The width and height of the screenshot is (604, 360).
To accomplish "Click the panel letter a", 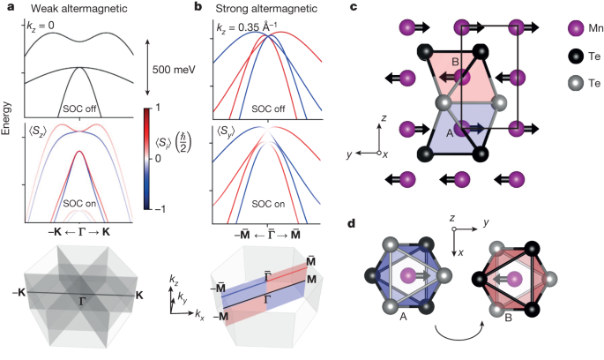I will [10, 7].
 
